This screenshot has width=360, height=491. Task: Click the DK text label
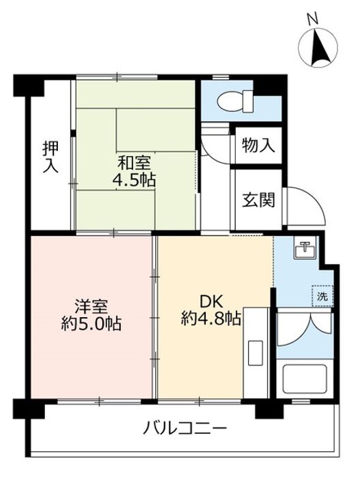(211, 300)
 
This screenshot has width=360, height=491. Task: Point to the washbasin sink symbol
(305, 250)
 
